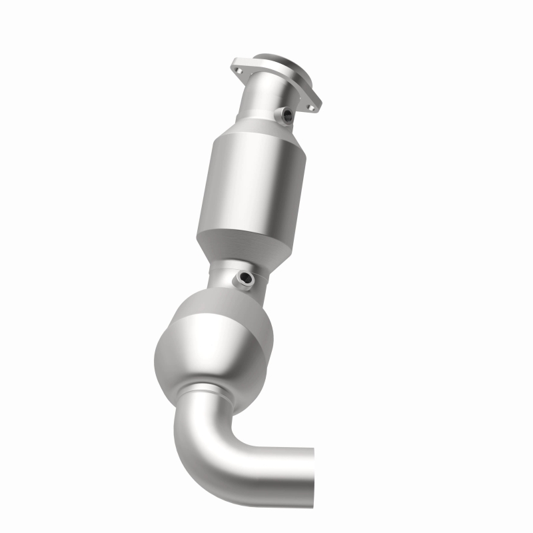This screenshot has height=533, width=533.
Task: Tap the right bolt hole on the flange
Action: [312, 102]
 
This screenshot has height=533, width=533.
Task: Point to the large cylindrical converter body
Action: [250, 187]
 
